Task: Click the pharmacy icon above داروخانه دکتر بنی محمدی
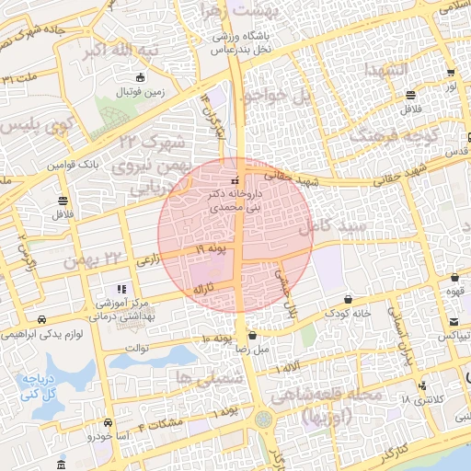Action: tap(236, 179)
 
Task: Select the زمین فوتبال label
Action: tap(138, 93)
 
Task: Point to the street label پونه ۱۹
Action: tap(211, 249)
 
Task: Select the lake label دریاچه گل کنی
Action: tap(38, 385)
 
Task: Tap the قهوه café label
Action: tap(455, 293)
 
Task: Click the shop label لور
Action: tap(451, 86)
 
